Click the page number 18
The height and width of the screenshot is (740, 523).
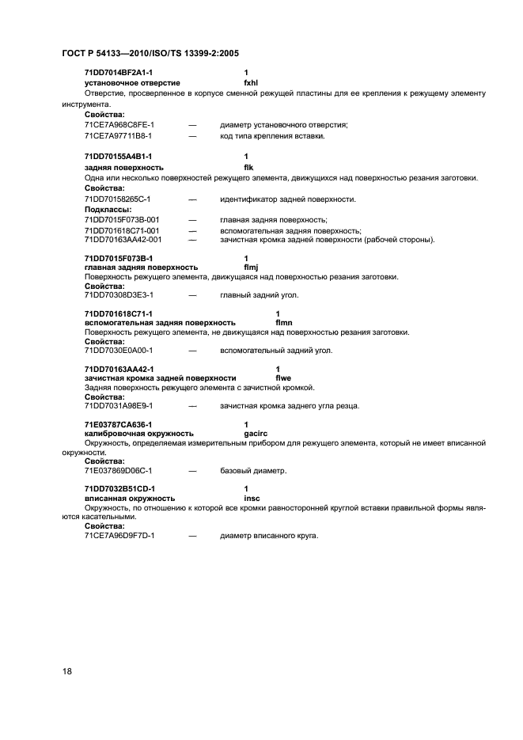(x=67, y=671)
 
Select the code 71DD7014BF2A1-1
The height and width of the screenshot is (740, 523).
(x=118, y=73)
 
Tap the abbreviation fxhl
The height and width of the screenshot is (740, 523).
(x=252, y=82)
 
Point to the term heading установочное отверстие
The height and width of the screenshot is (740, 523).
(x=132, y=82)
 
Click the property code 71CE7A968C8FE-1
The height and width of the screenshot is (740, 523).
(x=119, y=124)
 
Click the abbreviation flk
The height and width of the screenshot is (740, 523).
(x=248, y=167)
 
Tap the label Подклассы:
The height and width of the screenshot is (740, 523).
(x=108, y=209)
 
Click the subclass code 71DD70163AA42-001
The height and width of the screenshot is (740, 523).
(x=123, y=239)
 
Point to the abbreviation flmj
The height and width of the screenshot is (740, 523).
(x=252, y=267)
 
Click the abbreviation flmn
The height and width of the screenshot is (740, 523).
(x=284, y=322)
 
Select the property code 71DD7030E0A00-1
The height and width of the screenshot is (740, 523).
(x=118, y=350)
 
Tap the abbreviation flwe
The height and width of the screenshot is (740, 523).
(x=283, y=378)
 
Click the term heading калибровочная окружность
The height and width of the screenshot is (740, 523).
(x=138, y=433)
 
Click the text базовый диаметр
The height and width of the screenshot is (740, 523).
(x=253, y=471)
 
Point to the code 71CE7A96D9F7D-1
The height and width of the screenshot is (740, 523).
(x=119, y=536)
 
